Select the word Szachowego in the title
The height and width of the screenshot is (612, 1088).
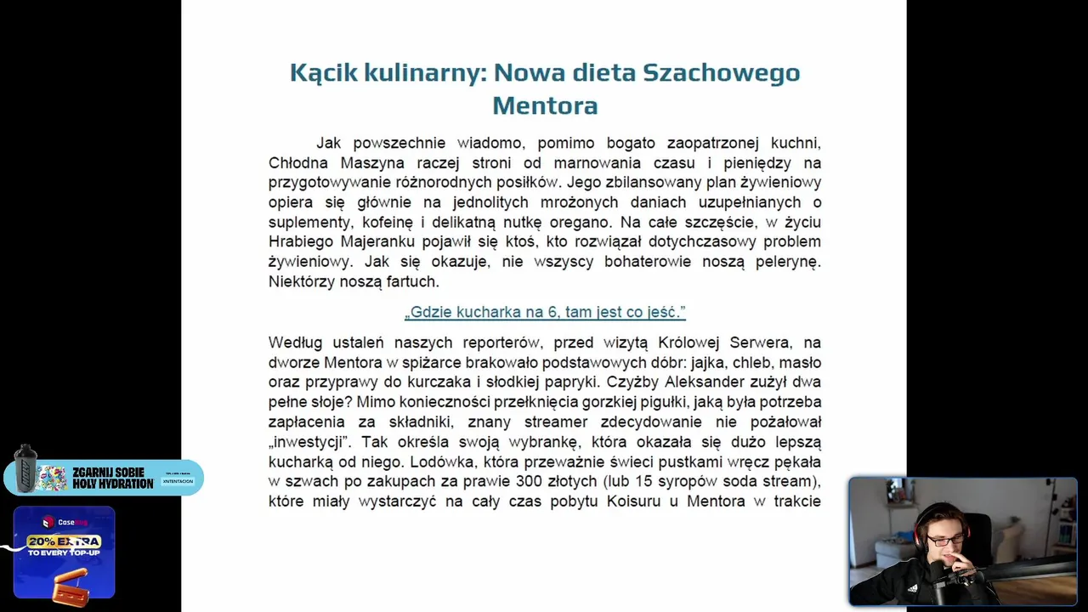pyautogui.click(x=722, y=73)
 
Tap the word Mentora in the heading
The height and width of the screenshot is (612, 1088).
pyautogui.click(x=545, y=105)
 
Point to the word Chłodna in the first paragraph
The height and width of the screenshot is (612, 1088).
pyautogui.click(x=301, y=162)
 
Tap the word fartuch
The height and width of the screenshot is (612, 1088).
pyautogui.click(x=412, y=281)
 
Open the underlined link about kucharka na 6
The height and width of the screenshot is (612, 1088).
pyautogui.click(x=545, y=312)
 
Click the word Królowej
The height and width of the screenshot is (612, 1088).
pyautogui.click(x=690, y=343)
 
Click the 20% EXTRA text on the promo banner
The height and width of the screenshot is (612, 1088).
pyautogui.click(x=64, y=541)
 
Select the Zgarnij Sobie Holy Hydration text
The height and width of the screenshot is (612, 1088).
pyautogui.click(x=112, y=478)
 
